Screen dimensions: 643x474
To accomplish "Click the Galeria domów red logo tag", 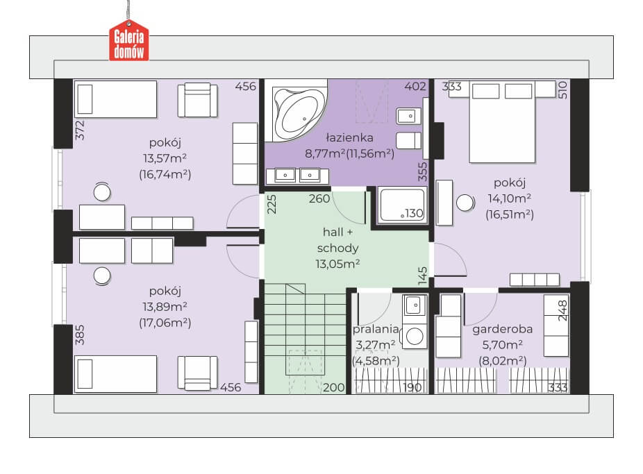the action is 128,40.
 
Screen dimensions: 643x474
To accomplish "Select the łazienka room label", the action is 349,137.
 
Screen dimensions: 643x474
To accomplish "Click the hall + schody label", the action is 337,240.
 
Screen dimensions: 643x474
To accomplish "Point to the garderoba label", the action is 502,329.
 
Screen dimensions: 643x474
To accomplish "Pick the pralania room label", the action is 376,329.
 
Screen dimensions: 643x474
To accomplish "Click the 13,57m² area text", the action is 165,158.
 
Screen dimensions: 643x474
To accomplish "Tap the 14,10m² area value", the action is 509,198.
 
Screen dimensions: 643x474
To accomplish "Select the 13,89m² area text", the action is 165,307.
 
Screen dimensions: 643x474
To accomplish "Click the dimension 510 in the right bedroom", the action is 562,90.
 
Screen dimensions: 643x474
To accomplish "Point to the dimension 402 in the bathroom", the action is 415,87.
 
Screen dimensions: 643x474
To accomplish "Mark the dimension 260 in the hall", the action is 319,198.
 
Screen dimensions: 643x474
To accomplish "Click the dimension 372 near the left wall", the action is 80,130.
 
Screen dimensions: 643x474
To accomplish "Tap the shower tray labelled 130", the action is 402,205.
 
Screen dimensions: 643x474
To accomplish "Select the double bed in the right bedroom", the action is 502,121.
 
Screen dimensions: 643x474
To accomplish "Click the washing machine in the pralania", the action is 415,337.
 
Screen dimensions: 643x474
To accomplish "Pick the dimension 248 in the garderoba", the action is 562,310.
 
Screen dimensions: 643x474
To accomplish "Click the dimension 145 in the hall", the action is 422,276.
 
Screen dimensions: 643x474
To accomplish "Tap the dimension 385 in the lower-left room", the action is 80,335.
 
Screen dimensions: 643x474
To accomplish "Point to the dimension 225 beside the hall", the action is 272,204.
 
